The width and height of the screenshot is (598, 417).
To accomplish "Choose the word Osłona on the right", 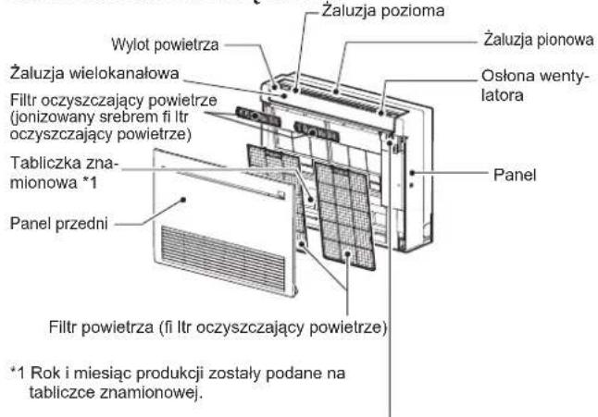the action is pos(505,79).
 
